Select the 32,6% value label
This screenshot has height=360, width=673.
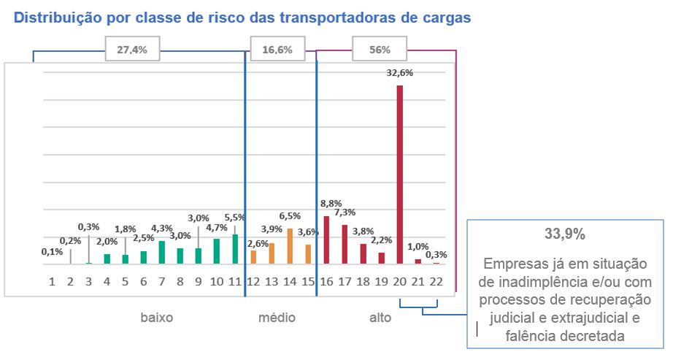399,73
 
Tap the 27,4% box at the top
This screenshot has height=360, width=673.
132,50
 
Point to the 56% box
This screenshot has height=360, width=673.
380,50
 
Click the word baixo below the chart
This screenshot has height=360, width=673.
157,318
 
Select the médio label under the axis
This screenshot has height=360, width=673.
277,318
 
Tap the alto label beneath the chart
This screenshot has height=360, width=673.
380,318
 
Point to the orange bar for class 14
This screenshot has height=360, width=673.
290,246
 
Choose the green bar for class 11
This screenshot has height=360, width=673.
235,249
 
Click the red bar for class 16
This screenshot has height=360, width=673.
326,240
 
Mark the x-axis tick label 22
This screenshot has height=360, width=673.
436,281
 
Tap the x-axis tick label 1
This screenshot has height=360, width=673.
52,281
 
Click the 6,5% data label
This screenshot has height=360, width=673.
290,216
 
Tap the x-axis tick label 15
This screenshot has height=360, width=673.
308,281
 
